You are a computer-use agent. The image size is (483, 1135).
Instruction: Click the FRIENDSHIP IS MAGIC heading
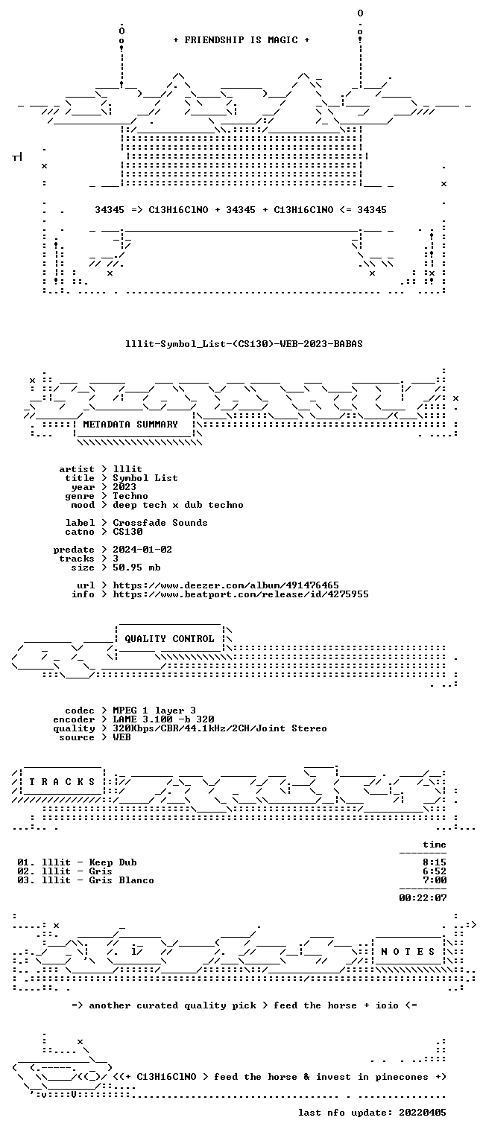[241, 40]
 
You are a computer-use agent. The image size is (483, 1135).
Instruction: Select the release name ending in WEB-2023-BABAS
[244, 344]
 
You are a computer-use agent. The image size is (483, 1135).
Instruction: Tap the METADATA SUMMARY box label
[130, 424]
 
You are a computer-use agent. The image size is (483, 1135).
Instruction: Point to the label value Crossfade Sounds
[160, 523]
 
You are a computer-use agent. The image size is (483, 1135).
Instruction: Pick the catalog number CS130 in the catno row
[128, 532]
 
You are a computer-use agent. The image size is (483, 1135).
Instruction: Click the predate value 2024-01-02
[142, 550]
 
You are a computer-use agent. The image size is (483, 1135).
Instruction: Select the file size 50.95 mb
[136, 567]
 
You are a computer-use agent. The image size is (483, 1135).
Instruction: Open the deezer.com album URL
[226, 585]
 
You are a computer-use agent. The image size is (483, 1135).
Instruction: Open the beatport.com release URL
[241, 594]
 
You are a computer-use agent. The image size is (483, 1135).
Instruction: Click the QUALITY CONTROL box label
[169, 639]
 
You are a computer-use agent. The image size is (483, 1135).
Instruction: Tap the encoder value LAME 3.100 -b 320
[163, 719]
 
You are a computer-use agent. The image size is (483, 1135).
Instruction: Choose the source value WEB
[121, 737]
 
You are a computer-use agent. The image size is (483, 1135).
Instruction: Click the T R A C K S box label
[62, 782]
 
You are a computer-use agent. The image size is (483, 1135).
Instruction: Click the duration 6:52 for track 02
[435, 871]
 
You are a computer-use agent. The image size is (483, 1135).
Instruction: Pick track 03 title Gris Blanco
[121, 880]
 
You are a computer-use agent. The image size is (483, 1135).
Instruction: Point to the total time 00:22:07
[423, 898]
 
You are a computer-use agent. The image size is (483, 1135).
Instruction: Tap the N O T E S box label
[408, 952]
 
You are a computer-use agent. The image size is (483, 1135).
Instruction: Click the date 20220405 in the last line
[423, 1113]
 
